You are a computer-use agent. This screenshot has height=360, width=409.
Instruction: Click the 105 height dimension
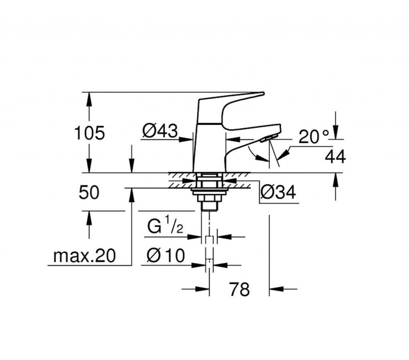tap(89, 133)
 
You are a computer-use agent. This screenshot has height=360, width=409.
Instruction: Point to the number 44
tap(336, 156)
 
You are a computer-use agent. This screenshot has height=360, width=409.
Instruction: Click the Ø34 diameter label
tap(278, 192)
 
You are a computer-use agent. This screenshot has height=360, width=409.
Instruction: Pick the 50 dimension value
tap(89, 192)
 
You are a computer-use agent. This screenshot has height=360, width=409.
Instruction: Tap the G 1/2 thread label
tap(165, 226)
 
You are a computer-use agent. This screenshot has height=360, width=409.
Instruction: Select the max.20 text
tap(84, 256)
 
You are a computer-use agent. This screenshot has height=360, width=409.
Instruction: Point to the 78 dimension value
tap(240, 289)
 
